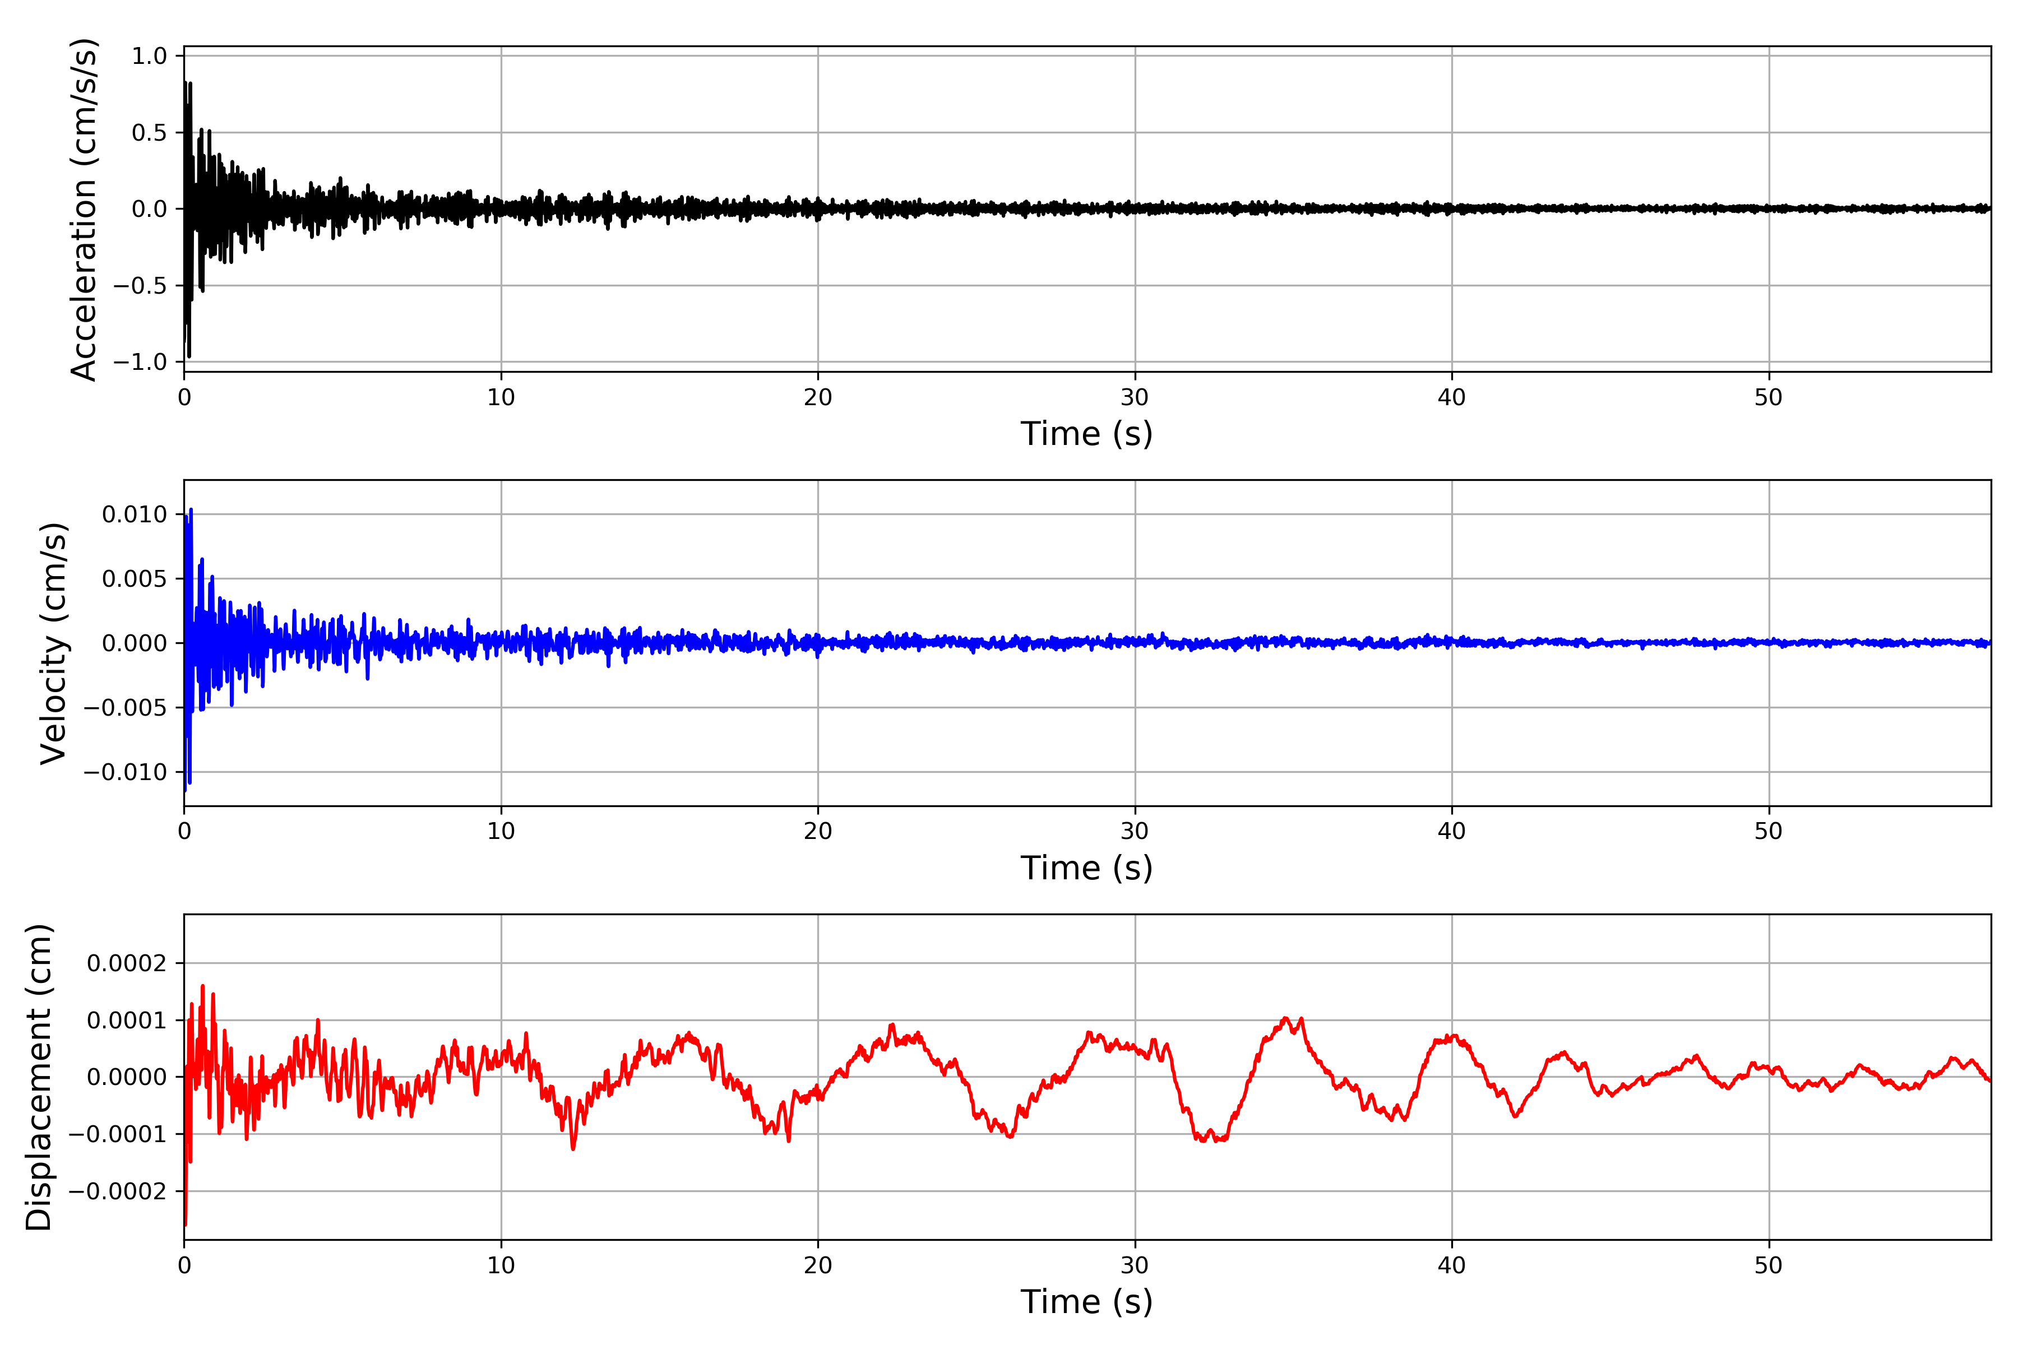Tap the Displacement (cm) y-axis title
click(39, 1077)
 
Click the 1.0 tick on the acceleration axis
click(149, 57)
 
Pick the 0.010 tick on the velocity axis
click(135, 514)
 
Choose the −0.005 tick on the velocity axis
click(125, 708)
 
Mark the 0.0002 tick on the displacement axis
click(127, 963)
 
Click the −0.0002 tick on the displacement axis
click(118, 1191)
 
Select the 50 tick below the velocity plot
click(1769, 831)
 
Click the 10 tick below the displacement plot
click(501, 1265)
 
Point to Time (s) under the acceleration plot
click(1086, 434)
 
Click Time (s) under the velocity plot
click(1086, 868)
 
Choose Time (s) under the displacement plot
click(1086, 1302)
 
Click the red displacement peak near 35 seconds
click(1285, 1018)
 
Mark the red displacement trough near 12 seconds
click(573, 1148)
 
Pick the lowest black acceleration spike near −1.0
click(189, 356)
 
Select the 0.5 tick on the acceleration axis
click(149, 133)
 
